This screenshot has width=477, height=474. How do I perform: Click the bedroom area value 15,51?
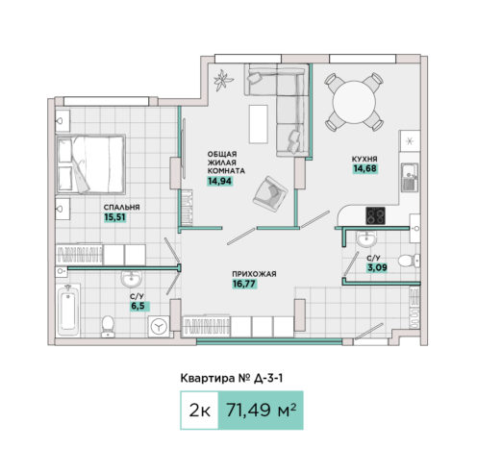click(x=114, y=217)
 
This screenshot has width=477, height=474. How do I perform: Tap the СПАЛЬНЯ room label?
click(x=121, y=207)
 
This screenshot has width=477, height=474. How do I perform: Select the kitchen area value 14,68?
click(x=365, y=168)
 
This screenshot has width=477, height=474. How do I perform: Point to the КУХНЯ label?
click(x=364, y=159)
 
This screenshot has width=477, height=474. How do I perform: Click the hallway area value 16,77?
click(x=244, y=284)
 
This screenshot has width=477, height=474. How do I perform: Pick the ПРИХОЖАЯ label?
click(x=254, y=274)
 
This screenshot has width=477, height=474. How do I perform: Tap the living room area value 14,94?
click(x=219, y=181)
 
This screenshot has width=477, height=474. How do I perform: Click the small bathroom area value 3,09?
click(x=377, y=267)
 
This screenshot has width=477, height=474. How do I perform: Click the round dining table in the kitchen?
click(x=354, y=102)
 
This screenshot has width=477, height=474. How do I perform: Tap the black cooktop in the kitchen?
click(x=376, y=215)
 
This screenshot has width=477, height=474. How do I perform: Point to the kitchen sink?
click(x=410, y=177)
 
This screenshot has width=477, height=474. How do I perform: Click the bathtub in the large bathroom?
click(x=68, y=311)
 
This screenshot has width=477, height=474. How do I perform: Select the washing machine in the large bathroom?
click(x=159, y=327)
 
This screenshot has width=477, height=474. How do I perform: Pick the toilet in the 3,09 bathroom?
click(x=409, y=261)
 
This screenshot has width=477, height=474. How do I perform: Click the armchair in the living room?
click(x=270, y=194)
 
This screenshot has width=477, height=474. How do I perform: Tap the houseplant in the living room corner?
click(x=222, y=80)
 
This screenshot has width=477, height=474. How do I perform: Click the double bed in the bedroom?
click(x=90, y=164)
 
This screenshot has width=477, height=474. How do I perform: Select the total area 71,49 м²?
click(x=261, y=410)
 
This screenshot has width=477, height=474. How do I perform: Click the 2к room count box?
click(x=199, y=411)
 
